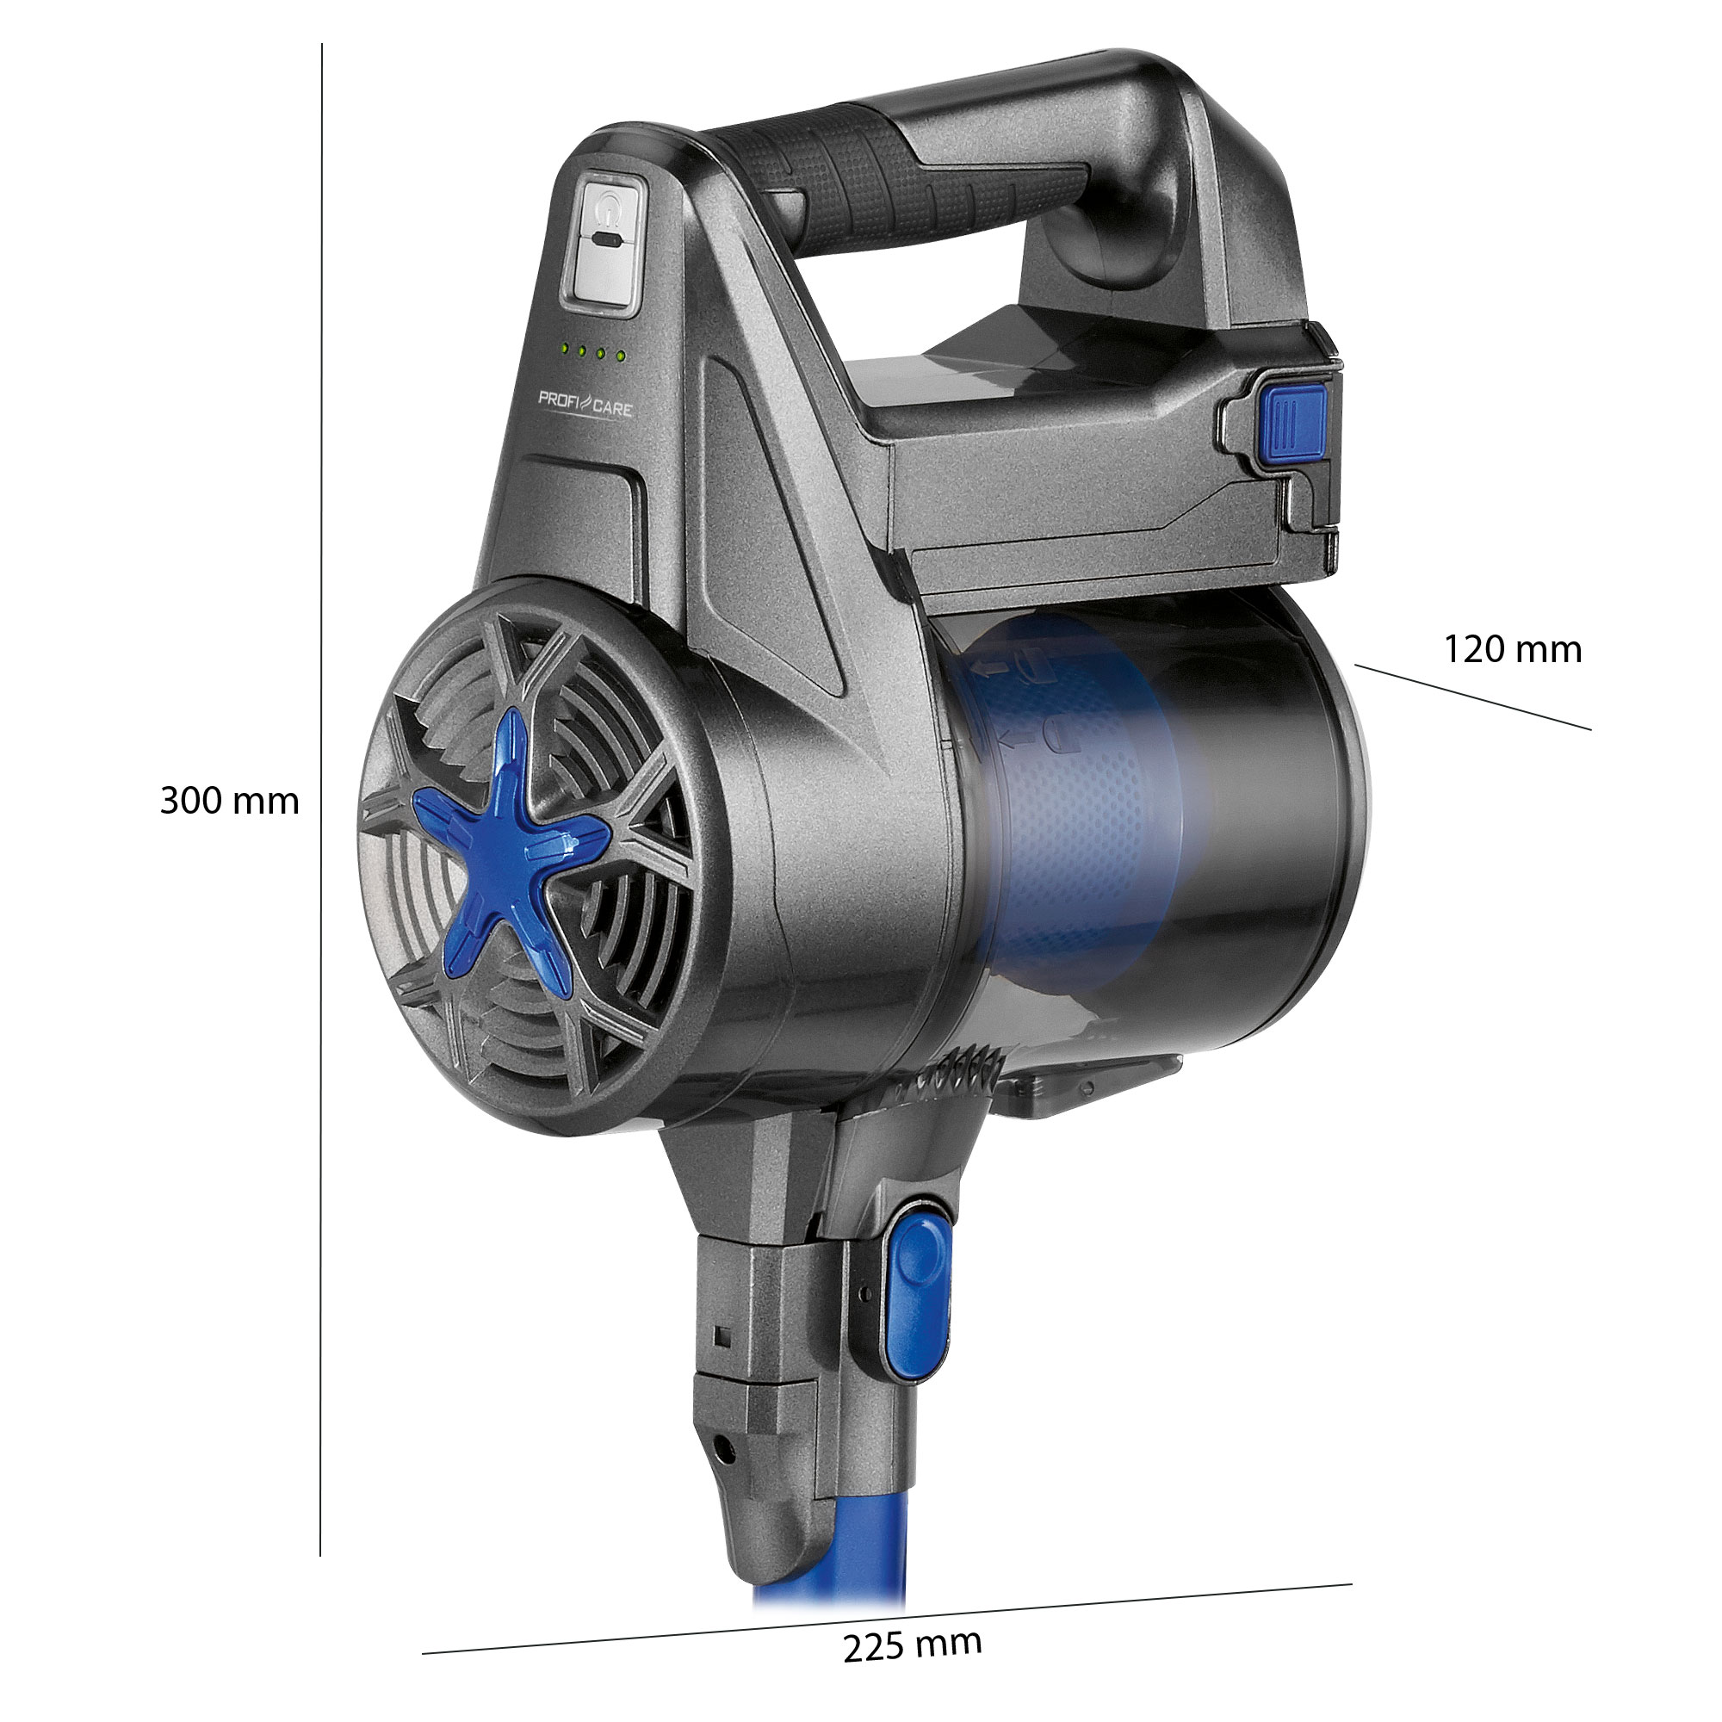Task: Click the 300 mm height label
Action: (229, 802)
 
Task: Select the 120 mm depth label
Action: (1513, 649)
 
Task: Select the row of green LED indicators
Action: (592, 351)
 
